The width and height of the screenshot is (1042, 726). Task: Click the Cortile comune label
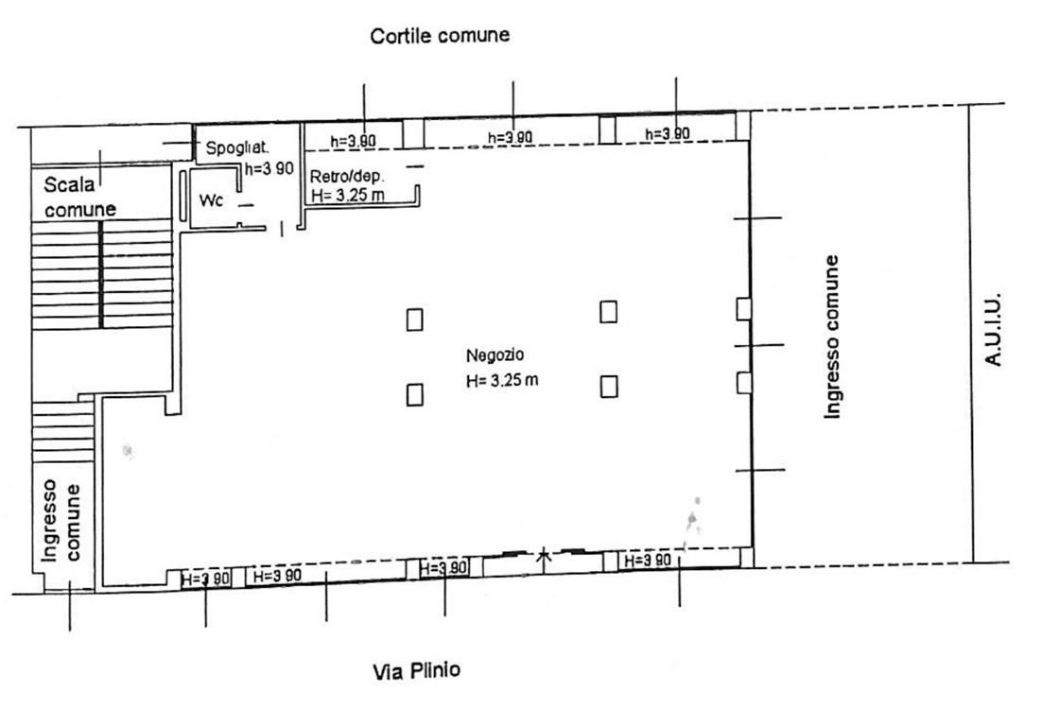coord(440,35)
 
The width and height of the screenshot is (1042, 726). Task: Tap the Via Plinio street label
coord(417,671)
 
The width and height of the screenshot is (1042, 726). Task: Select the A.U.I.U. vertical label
coord(993,330)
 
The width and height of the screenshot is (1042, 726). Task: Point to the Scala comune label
coord(79,197)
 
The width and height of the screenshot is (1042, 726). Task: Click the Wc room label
coord(211,199)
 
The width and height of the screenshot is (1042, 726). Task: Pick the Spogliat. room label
coord(237,147)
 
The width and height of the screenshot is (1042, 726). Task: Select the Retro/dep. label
coord(347,176)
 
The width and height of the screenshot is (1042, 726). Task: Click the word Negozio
coord(495,355)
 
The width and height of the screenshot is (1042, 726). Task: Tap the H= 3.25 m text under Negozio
coord(502,381)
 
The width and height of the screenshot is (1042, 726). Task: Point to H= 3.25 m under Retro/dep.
coord(348,196)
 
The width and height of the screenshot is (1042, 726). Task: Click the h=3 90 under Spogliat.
coord(269,168)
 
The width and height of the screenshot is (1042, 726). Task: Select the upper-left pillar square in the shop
coord(415,320)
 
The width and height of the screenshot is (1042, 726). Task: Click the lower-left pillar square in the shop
coord(415,394)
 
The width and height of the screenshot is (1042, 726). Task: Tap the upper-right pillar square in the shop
coord(608,312)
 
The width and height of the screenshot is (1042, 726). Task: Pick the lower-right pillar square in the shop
coord(609,387)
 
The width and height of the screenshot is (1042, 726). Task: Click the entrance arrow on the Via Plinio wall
coord(545,560)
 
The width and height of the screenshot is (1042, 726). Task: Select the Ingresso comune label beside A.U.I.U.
coord(832,337)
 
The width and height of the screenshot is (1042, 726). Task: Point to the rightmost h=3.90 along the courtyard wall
coord(668,134)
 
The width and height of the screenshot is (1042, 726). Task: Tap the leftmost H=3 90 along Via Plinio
coord(206,579)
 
